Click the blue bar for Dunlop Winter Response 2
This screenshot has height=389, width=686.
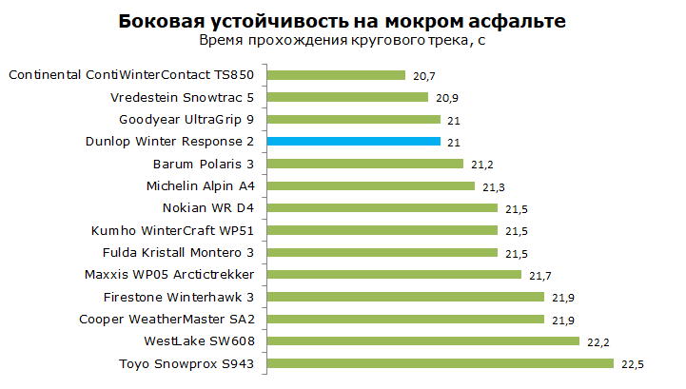(354, 142)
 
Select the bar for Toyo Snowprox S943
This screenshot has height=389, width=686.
(441, 363)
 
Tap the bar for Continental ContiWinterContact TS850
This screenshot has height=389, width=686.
(336, 75)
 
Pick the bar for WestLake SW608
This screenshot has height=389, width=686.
(423, 340)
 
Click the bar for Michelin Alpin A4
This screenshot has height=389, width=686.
(371, 186)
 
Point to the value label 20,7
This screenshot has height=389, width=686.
(424, 76)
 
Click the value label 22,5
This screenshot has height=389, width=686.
(633, 364)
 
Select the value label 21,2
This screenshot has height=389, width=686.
(482, 165)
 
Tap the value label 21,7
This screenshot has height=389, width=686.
(540, 276)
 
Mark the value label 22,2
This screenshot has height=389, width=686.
(598, 342)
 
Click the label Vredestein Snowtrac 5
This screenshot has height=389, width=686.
(182, 98)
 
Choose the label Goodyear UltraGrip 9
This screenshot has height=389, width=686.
(186, 120)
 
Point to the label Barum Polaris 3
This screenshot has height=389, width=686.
(204, 165)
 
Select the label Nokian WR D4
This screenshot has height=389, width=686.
(208, 208)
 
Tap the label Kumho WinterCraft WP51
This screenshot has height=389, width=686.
(172, 230)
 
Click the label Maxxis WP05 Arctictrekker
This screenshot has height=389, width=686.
(169, 274)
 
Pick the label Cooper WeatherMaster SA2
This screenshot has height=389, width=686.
(167, 320)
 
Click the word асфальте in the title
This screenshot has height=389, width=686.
(518, 21)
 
